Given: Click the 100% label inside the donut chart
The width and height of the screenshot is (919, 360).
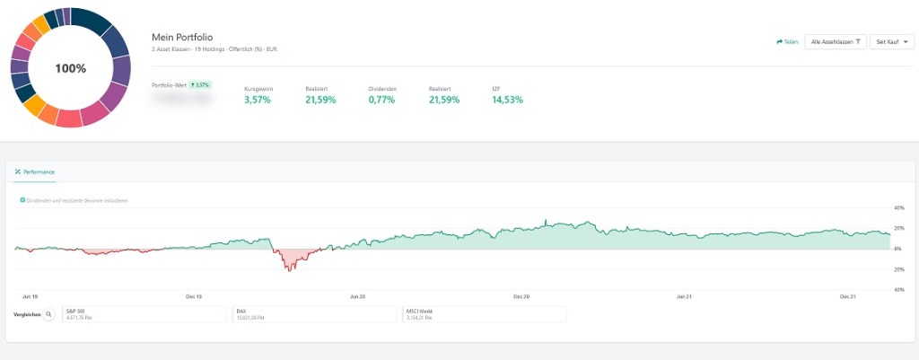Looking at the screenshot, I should tap(70, 68).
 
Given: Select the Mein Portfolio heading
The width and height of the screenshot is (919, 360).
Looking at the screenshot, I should tap(184, 35).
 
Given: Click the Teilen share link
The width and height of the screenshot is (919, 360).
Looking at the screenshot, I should tap(787, 41).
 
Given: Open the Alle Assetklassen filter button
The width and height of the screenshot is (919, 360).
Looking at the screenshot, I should tap(835, 41).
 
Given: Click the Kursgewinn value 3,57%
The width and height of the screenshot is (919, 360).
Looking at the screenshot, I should tap(257, 100).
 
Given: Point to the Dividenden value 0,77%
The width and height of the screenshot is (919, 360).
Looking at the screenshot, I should tap(381, 100).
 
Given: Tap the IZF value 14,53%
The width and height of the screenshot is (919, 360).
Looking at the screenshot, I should tap(507, 100).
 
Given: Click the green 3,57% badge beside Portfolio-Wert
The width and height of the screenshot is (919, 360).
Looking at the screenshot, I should tap(199, 84).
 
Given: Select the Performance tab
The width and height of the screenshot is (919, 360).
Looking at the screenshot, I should tap(35, 171).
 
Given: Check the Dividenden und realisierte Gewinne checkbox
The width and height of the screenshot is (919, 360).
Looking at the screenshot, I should tap(22, 200).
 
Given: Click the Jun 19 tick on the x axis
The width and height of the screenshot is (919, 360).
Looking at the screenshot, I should tap(30, 295).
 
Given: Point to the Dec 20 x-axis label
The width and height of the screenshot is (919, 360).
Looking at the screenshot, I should tap(521, 295).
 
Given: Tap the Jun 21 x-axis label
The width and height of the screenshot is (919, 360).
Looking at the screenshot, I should tap(684, 295).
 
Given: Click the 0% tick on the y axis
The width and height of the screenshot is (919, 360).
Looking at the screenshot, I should tap(898, 249).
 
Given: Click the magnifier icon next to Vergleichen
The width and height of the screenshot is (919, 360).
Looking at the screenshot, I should tap(48, 314).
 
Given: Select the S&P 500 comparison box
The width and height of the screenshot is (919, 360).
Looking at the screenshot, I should tap(144, 314).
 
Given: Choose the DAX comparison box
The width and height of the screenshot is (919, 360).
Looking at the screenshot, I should tap(314, 314).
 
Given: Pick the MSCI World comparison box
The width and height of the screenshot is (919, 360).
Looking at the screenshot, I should tap(484, 314).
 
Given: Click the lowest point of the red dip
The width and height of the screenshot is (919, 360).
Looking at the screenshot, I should tap(289, 270).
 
